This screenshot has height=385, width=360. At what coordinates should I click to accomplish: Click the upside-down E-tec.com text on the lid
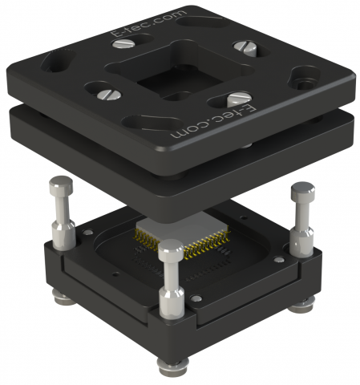[x=213, y=121]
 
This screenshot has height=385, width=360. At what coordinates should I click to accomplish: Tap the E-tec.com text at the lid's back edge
[x=148, y=23]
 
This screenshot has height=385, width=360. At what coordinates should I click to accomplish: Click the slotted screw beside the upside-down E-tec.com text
[x=239, y=99]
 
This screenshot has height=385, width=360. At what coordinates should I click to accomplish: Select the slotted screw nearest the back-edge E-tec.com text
[x=123, y=43]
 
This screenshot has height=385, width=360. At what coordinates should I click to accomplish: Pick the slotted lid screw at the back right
[x=245, y=48]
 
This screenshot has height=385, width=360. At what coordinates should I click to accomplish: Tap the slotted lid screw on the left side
[x=108, y=95]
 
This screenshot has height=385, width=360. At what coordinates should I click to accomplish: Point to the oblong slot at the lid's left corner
[x=58, y=61]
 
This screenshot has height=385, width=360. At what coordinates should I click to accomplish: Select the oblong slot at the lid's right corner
[x=305, y=78]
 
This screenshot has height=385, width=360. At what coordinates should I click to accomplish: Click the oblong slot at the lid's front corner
[x=152, y=124]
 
